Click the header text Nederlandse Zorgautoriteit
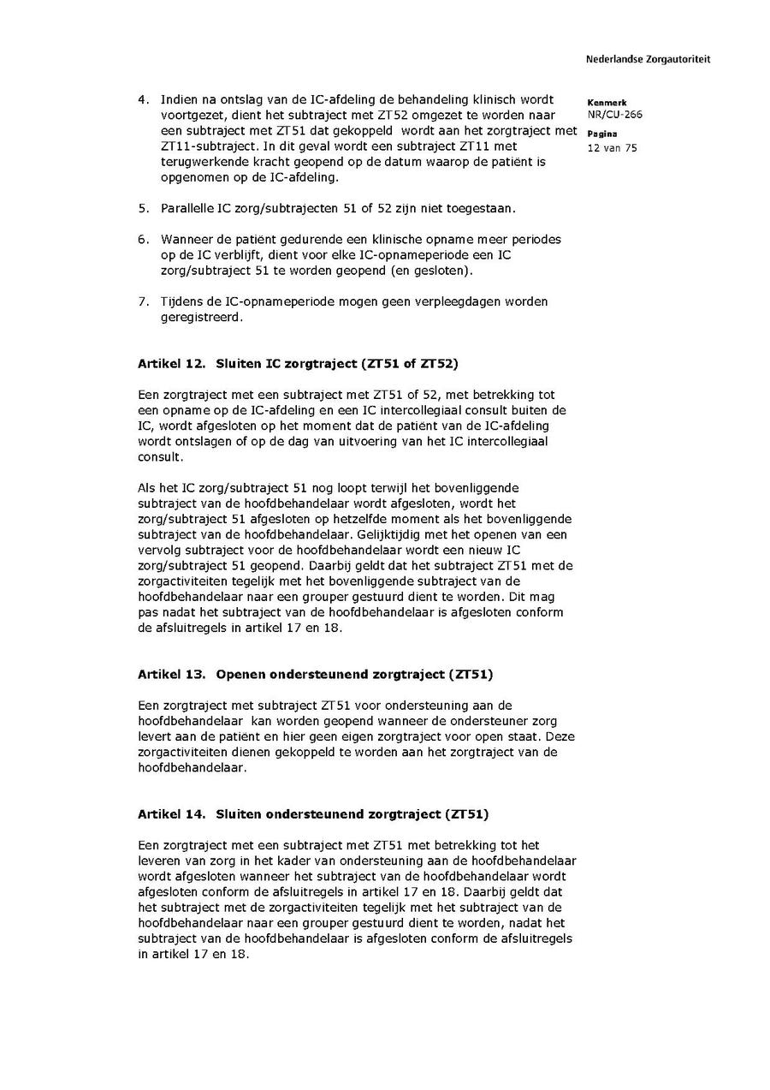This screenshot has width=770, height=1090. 648,60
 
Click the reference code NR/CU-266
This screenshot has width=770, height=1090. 614,115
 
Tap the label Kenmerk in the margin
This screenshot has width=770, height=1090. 607,103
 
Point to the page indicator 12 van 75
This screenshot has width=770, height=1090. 612,148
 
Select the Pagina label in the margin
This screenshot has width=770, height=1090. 602,134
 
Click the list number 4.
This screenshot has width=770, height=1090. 143,100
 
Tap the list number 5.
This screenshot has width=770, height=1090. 143,208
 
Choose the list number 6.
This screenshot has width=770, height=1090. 143,240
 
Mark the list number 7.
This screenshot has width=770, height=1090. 143,301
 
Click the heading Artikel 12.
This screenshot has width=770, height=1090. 171,364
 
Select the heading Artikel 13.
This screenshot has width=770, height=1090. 171,674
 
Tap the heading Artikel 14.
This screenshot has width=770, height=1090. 171,813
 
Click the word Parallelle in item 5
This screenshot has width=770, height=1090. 187,208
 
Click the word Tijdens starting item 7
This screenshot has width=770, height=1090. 181,301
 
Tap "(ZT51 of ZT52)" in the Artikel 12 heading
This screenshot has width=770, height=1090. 408,364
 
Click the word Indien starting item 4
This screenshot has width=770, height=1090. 179,100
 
